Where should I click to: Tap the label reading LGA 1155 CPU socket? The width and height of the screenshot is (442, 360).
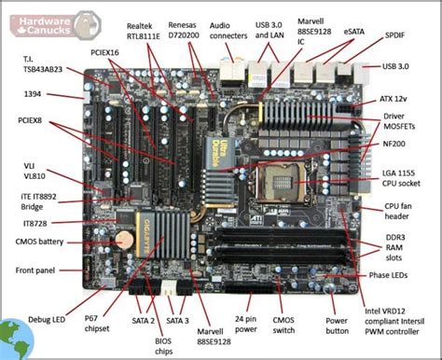(402, 181)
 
